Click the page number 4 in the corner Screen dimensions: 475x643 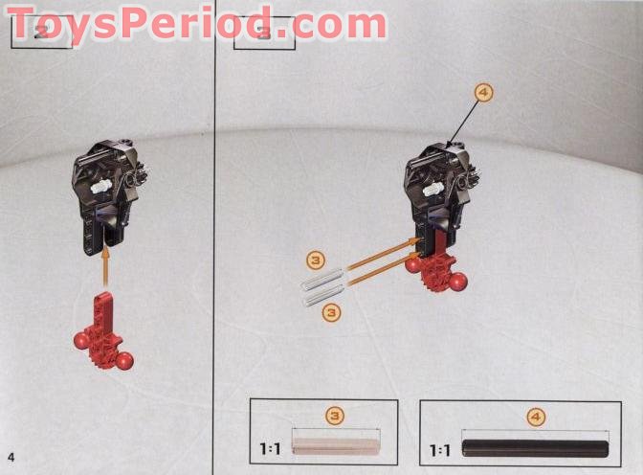click(11, 454)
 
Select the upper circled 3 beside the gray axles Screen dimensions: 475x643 click(317, 260)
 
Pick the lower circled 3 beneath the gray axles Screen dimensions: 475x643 click(331, 311)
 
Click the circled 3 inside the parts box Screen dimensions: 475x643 click(335, 416)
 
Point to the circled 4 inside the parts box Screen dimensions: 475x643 click(535, 417)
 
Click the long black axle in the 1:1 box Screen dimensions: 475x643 click(535, 448)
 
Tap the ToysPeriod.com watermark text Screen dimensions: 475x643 click(196, 21)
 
